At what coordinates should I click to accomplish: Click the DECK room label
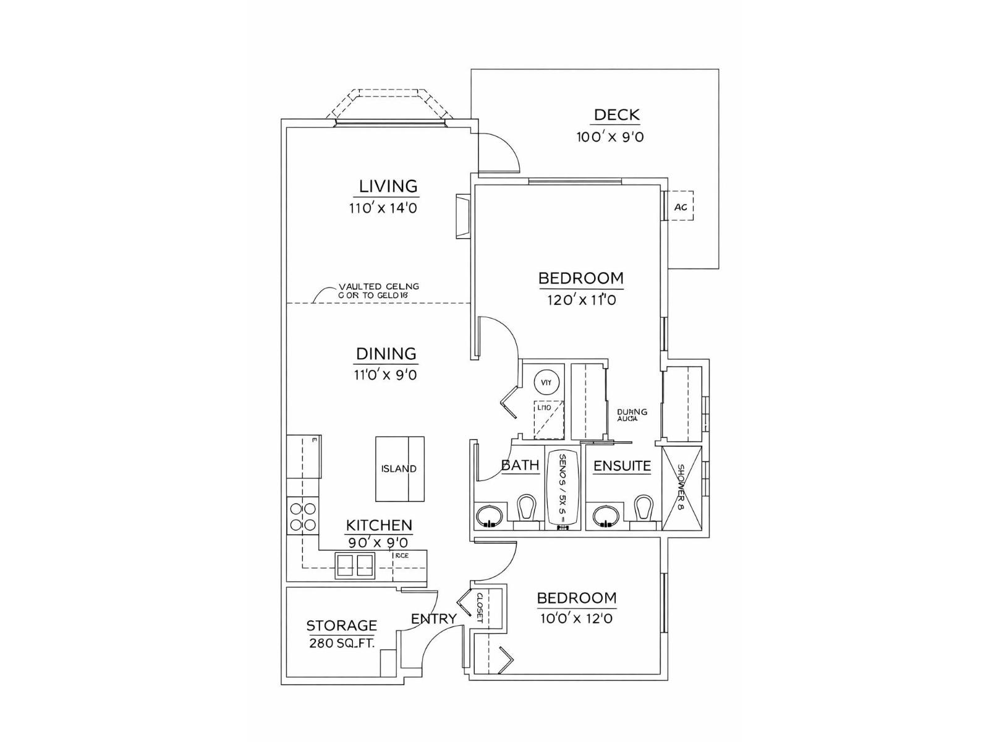click(616, 115)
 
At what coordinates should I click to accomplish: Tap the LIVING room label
click(388, 186)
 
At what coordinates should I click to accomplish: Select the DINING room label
click(386, 354)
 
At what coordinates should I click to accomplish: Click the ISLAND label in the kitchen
click(399, 469)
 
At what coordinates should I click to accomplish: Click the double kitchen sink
click(355, 565)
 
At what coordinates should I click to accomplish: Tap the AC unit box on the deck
click(680, 207)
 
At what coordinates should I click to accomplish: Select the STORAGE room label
click(341, 625)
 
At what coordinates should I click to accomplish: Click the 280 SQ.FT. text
click(341, 643)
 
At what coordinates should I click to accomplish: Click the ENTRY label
click(433, 618)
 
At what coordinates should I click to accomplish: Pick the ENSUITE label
click(622, 466)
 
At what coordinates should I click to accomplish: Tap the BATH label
click(520, 465)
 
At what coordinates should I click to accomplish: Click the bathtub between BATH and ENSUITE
click(563, 490)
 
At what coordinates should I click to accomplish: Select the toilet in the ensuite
click(643, 510)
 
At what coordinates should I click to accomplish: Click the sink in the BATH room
click(489, 516)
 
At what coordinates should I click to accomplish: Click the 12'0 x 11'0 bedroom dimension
click(581, 301)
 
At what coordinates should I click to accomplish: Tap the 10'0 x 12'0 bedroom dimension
click(576, 618)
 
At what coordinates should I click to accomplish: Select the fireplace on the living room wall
click(464, 216)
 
